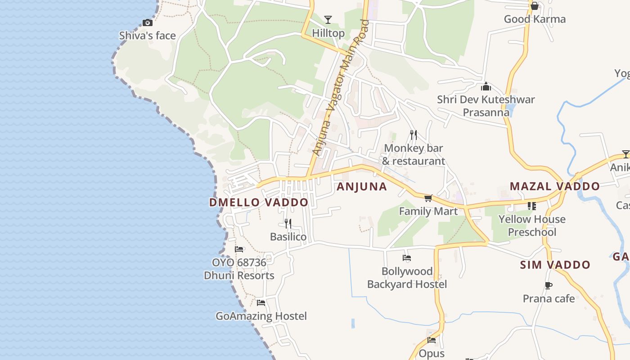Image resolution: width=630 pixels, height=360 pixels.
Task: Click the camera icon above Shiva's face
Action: point(147,22)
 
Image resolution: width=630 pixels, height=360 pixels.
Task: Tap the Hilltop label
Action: point(328,33)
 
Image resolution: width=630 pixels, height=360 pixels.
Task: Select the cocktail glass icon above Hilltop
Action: point(328,19)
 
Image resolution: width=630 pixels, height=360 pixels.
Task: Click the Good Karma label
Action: point(535,19)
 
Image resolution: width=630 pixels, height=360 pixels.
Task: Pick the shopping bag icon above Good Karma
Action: point(535,6)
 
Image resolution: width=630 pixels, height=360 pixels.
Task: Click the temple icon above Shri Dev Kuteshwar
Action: point(486,86)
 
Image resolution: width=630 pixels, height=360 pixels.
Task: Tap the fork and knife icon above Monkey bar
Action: point(414,135)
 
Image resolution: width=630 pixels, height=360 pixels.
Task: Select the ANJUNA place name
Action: point(362,187)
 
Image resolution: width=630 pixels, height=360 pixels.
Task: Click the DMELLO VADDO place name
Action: point(259,202)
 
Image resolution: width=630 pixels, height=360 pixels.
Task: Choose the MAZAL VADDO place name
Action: point(555,186)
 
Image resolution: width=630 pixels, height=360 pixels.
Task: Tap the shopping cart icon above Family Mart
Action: point(428,198)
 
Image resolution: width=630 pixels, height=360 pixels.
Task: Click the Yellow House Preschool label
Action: point(532,225)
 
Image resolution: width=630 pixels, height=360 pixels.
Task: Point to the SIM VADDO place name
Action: point(555,265)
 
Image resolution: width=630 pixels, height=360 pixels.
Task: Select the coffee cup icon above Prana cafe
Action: point(549,285)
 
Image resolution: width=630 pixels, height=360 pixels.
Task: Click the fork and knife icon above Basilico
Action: point(288,223)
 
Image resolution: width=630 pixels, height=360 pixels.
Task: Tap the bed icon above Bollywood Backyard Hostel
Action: point(407,258)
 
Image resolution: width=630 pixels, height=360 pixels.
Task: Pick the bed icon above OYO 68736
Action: point(239,249)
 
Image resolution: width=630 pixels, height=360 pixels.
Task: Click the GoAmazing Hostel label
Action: point(261,316)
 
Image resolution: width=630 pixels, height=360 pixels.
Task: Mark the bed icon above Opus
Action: point(432,340)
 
